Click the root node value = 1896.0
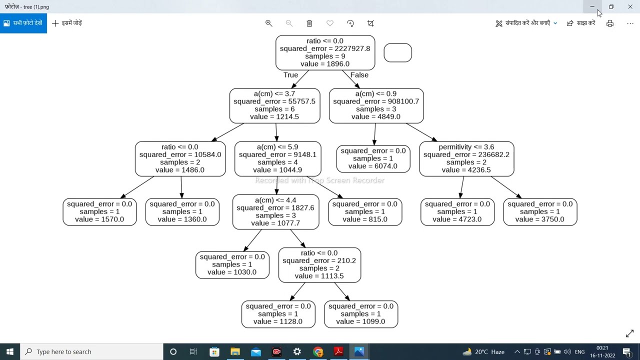(x=325, y=52)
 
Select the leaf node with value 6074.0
(x=373, y=158)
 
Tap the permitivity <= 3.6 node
(x=466, y=158)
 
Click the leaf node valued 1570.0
(x=99, y=211)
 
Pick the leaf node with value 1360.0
(x=182, y=211)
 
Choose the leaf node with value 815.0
(x=365, y=211)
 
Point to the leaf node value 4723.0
(x=457, y=211)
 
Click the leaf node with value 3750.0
(x=540, y=211)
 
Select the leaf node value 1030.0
(x=232, y=264)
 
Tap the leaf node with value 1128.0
(x=278, y=314)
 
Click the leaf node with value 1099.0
(x=360, y=314)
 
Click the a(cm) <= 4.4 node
(x=275, y=211)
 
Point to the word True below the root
(x=290, y=75)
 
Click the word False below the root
(x=359, y=75)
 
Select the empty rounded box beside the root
(x=397, y=52)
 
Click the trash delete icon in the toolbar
(x=309, y=23)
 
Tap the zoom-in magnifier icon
(x=268, y=23)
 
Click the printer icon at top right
(x=609, y=23)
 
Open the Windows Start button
(x=9, y=351)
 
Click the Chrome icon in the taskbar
(x=317, y=351)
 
